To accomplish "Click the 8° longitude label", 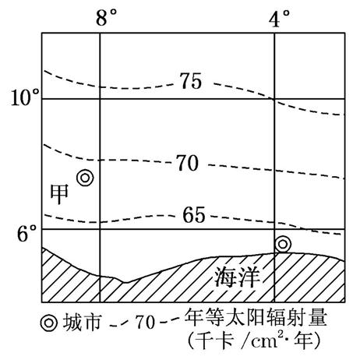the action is pos(106,17).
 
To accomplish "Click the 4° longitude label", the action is pos(279,18).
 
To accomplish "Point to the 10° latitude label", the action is pos(26,97).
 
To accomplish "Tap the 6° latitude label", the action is pos(26,233).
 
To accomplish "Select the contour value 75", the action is pos(191,81).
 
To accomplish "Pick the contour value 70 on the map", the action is pos(188,163).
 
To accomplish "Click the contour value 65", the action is pos(194,215).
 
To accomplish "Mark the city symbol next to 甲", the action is pos(85,178).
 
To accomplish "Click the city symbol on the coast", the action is pos(283,244).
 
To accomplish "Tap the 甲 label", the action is pos(59,194).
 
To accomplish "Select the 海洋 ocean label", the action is pos(237,277).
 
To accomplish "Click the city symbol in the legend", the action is pos(48,323).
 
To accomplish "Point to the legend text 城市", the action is pos(81,323).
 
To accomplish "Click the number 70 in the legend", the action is pos(145,323).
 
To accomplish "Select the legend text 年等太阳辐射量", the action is pos(256,317).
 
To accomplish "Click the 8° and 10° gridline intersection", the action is pos(100,99).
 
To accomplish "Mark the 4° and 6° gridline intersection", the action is pos(274,229).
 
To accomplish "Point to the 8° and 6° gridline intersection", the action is pos(100,229).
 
